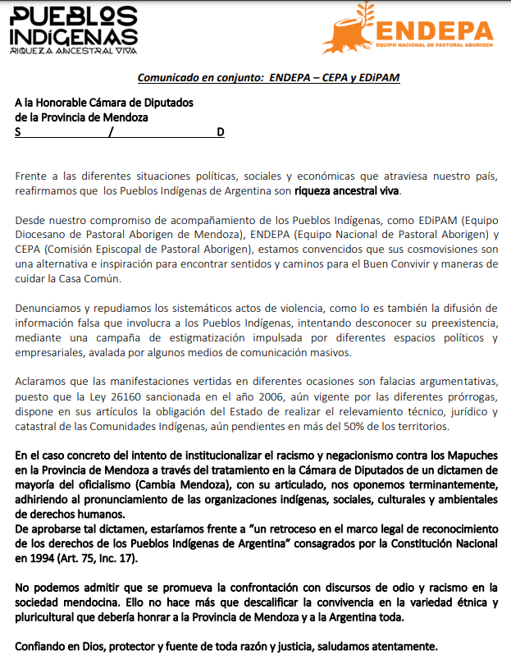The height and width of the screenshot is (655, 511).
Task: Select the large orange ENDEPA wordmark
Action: (435, 30)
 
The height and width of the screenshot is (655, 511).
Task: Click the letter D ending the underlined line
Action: (220, 132)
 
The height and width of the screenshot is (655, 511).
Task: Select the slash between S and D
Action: (111, 132)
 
